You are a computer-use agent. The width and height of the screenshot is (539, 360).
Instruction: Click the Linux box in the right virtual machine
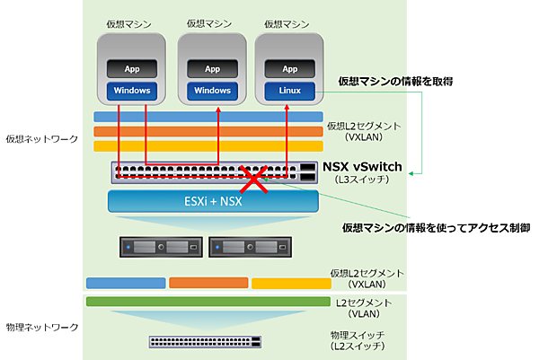pos(290,91)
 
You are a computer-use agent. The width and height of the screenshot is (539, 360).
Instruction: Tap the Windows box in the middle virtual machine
pos(212,91)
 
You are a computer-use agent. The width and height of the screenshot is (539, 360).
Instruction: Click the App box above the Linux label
pos(290,69)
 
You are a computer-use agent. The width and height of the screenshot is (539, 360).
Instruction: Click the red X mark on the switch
pos(254,178)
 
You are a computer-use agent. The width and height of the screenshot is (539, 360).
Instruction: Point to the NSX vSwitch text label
pos(362,167)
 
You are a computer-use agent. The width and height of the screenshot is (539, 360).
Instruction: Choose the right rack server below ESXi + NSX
pos(249,246)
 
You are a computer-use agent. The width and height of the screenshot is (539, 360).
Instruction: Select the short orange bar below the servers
pos(208,284)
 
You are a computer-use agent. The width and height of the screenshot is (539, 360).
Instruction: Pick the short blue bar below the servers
pos(126,284)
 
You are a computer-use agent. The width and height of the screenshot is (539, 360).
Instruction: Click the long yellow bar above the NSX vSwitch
pos(208,146)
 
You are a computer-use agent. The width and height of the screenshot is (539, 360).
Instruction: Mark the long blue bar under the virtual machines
pos(208,117)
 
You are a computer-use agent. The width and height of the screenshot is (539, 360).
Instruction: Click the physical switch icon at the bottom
pos(206,341)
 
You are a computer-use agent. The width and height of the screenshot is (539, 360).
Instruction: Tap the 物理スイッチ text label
pos(358,335)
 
